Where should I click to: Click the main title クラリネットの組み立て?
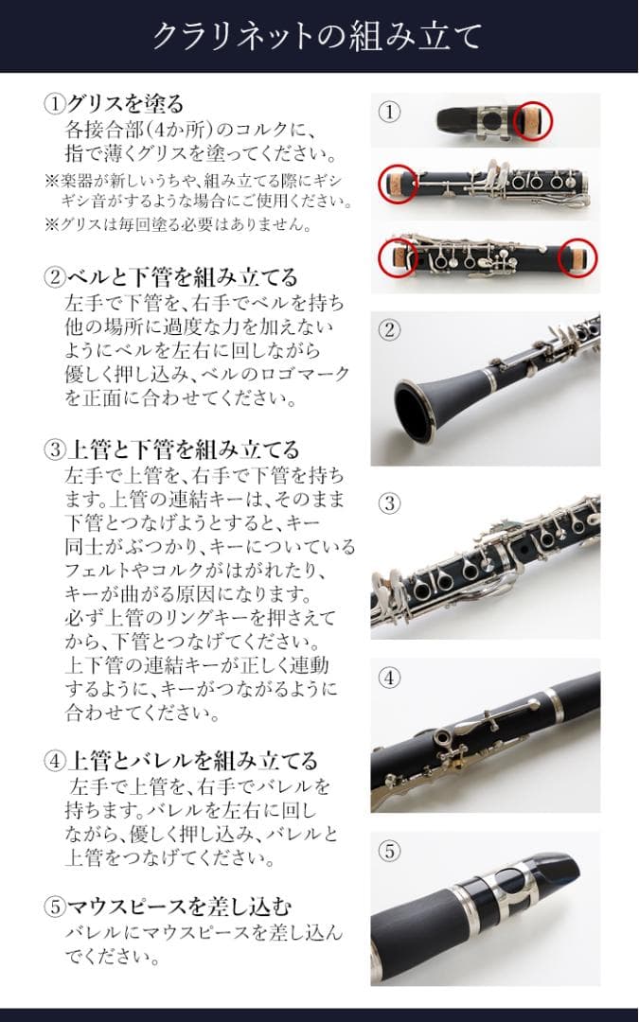point(318,36)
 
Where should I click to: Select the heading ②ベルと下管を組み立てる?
point(171,277)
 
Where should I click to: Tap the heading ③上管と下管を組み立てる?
point(171,449)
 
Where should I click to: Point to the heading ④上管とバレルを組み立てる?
point(181,761)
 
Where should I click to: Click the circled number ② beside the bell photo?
point(390,330)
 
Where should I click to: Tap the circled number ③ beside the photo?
point(390,503)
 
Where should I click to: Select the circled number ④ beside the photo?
point(390,678)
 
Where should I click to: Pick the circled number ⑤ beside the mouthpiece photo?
point(390,851)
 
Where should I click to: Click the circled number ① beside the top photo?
point(390,112)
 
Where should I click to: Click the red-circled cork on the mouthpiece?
point(531,120)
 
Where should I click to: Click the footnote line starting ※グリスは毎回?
point(179,225)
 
